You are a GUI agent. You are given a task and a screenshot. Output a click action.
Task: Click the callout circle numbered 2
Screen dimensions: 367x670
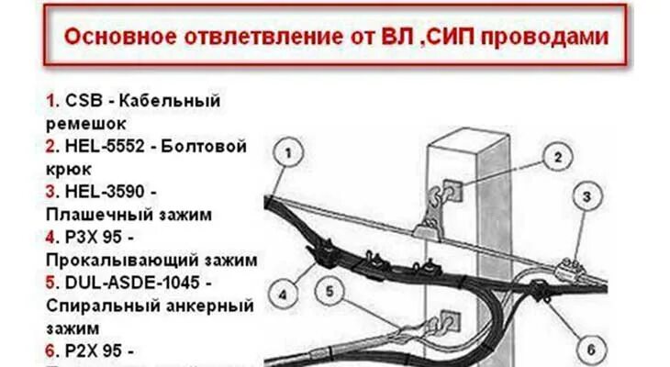(x=555, y=156)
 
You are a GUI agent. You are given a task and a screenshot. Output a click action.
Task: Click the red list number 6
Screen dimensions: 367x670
(x=50, y=349)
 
